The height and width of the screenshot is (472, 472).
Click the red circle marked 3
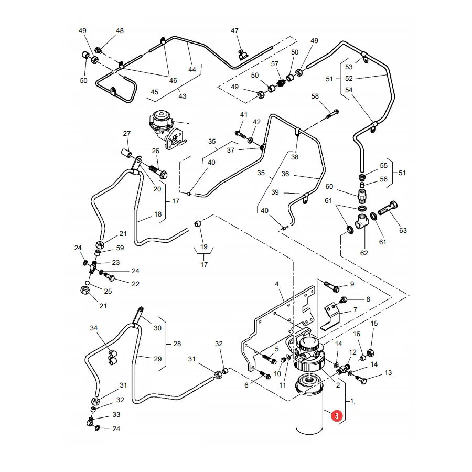[337, 416]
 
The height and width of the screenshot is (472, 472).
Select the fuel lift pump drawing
[166, 129]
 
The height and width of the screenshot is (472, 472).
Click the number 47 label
[234, 31]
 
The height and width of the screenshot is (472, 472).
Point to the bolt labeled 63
[388, 208]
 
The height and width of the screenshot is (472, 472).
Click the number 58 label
[315, 96]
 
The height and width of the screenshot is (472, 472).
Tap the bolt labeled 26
[158, 171]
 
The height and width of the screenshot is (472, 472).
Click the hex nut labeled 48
[98, 50]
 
